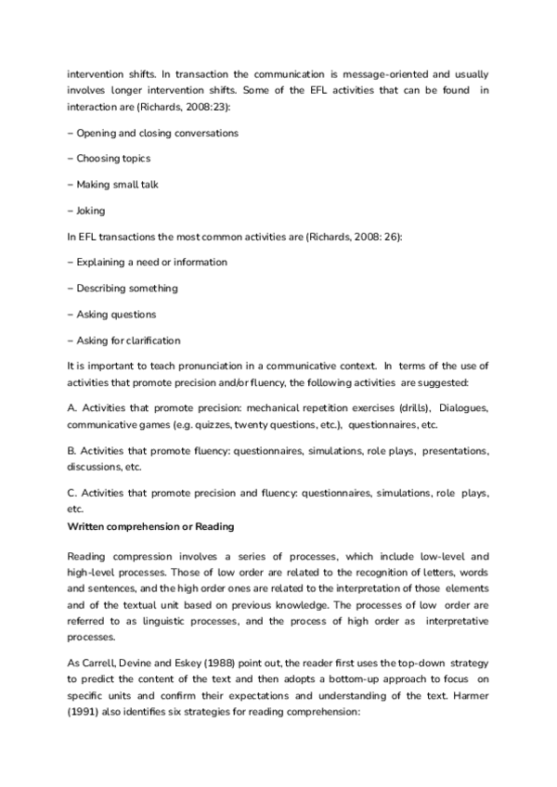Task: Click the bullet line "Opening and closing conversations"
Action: tap(153, 133)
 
